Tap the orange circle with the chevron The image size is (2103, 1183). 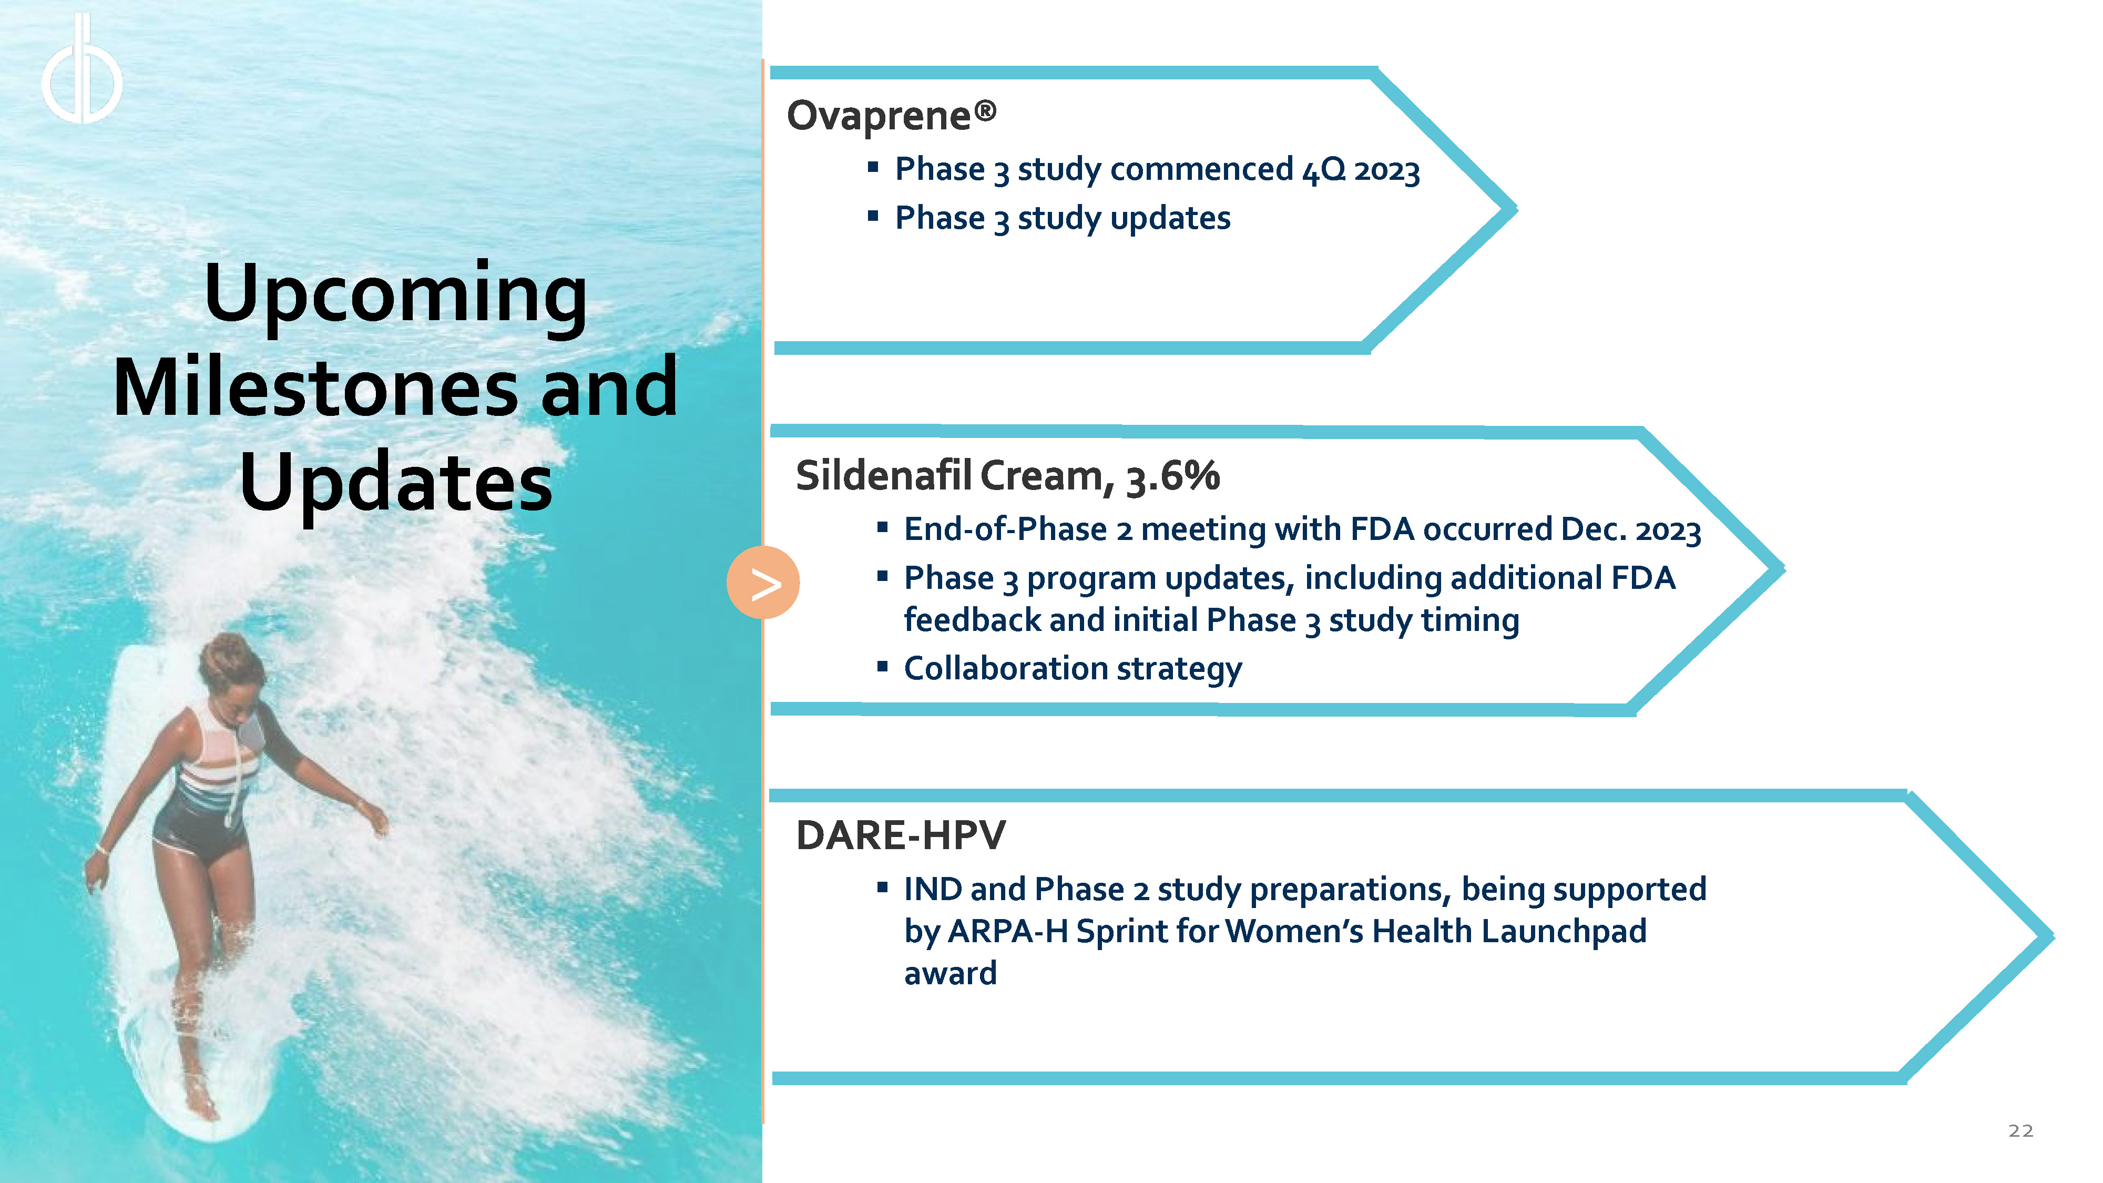pyautogui.click(x=762, y=582)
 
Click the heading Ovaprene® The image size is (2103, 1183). pyautogui.click(x=892, y=116)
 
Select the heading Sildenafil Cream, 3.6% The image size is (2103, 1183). pyautogui.click(x=1007, y=475)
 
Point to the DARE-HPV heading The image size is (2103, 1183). pyautogui.click(x=901, y=835)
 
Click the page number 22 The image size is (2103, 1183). pyautogui.click(x=2020, y=1131)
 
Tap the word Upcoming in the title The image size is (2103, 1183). pyautogui.click(x=396, y=295)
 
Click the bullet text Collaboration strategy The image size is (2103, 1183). pyautogui.click(x=1073, y=669)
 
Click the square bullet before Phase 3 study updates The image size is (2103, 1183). pyautogui.click(x=873, y=216)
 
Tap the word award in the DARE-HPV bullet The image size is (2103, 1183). pyautogui.click(x=950, y=973)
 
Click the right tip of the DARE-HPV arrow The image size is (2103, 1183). pyautogui.click(x=2053, y=937)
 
